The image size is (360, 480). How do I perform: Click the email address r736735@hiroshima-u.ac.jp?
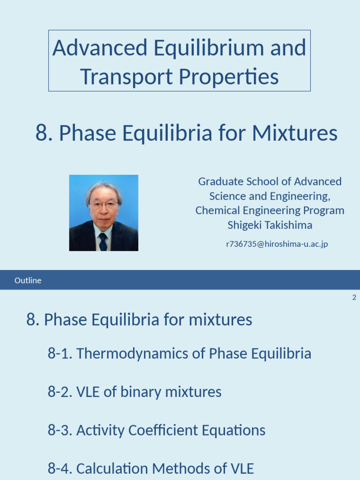point(270,244)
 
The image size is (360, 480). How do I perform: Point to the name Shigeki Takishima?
point(270,225)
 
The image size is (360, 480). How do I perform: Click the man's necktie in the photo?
point(103,241)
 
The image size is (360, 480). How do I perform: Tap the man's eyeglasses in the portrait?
point(103,205)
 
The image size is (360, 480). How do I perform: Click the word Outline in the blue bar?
point(28,280)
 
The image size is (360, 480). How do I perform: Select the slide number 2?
point(354,298)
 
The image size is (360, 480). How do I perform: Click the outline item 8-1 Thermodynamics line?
point(179,353)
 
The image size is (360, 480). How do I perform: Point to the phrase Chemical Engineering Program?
point(270,210)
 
